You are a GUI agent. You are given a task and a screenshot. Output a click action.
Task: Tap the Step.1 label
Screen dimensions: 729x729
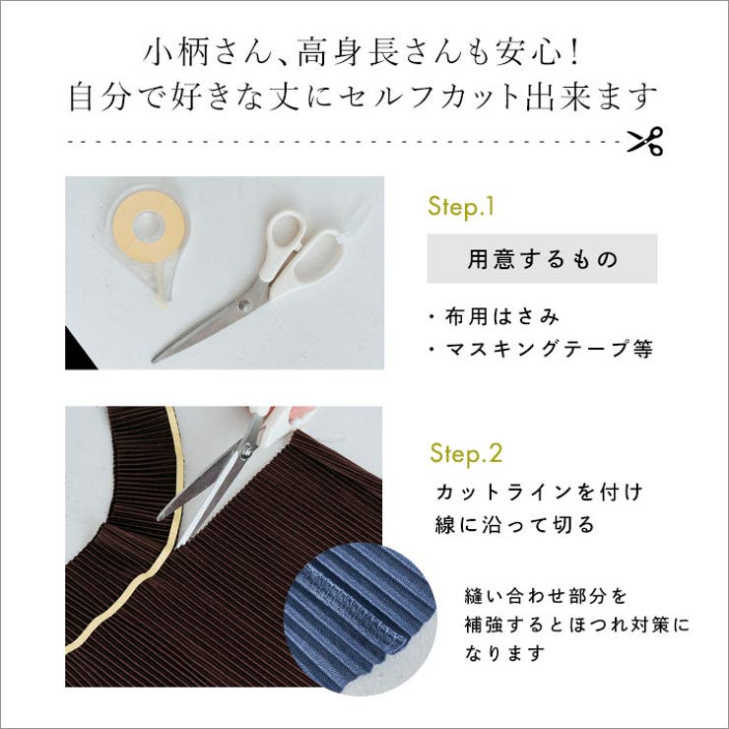click(460, 208)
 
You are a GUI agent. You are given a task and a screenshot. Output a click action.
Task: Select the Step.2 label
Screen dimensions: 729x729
click(466, 454)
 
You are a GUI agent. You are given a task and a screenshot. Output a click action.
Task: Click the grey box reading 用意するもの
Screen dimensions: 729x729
click(541, 259)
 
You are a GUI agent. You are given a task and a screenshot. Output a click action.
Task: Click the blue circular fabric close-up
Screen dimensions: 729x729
click(346, 607)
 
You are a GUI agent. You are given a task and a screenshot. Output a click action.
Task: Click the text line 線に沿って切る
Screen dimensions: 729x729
click(514, 524)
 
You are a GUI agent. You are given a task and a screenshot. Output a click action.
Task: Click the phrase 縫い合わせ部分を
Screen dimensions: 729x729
click(545, 596)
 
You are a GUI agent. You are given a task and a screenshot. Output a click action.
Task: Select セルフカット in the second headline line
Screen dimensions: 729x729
click(469, 98)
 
